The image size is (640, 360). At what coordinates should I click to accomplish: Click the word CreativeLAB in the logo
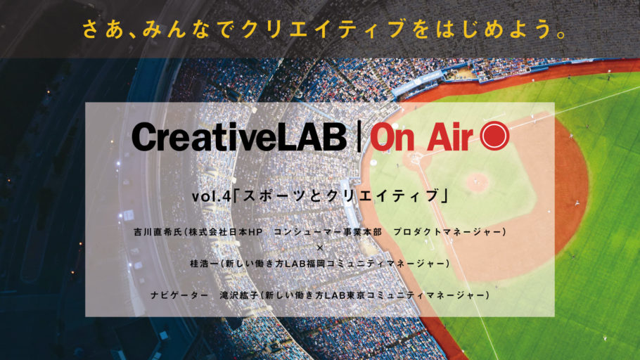239,136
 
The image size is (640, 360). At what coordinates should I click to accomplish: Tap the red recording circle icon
494,136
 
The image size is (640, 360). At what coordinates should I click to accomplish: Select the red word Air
450,136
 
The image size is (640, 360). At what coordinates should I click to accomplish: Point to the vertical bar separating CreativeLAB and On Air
359,136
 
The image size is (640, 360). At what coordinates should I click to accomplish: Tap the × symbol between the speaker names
320,247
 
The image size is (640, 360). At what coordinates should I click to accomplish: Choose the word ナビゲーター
179,295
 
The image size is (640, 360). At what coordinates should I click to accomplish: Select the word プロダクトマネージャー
447,232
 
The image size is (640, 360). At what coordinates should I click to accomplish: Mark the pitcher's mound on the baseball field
477,182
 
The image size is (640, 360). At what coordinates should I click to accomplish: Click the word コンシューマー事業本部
328,232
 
